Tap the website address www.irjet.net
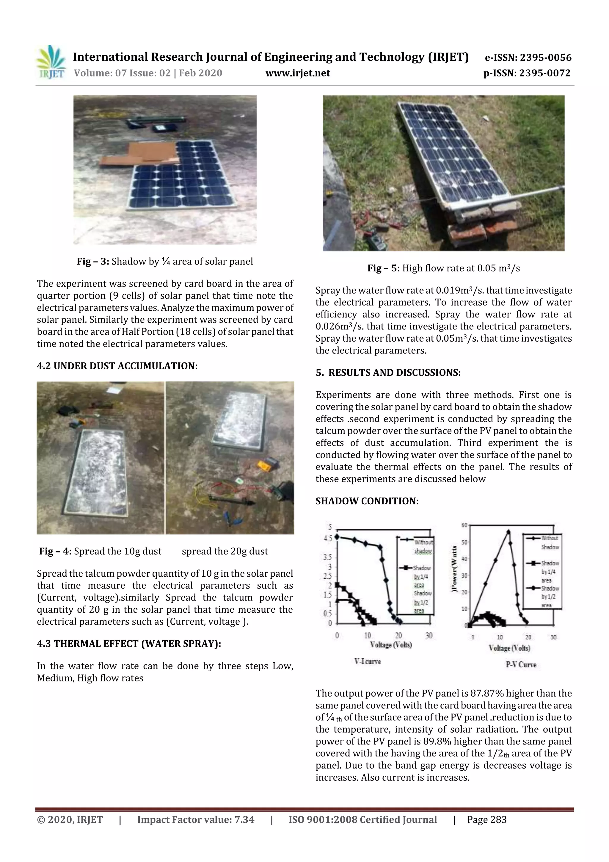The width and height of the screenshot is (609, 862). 298,73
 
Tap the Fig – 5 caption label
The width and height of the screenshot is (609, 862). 383,268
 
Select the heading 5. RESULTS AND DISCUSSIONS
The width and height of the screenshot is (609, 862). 388,373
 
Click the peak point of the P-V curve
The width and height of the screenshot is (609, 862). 508,532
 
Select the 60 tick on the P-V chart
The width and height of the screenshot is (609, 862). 464,525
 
